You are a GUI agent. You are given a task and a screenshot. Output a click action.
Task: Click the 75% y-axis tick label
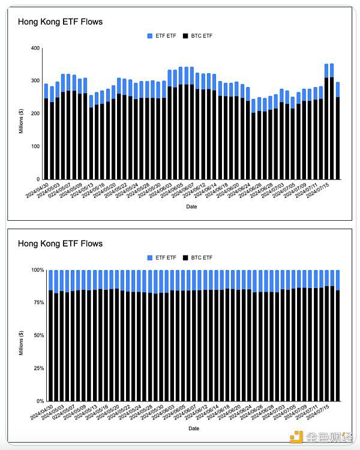[x=37, y=303]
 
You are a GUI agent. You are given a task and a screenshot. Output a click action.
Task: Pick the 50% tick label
[x=37, y=335]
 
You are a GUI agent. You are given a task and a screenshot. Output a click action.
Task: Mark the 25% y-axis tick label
[x=37, y=368]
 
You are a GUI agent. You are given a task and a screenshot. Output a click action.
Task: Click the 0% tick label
[x=38, y=401]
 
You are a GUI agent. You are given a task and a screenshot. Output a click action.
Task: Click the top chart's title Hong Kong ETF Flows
[x=60, y=22]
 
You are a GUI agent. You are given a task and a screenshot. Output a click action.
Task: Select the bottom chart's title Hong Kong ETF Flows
[x=60, y=244]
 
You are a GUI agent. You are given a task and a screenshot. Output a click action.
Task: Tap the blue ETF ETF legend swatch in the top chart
[x=150, y=36]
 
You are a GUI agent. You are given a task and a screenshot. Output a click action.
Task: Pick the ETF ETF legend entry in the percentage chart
[x=162, y=258]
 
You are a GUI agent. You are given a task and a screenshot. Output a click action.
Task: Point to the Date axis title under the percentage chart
[x=194, y=429]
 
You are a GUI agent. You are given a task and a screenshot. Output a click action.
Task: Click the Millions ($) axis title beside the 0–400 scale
[x=21, y=114]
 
